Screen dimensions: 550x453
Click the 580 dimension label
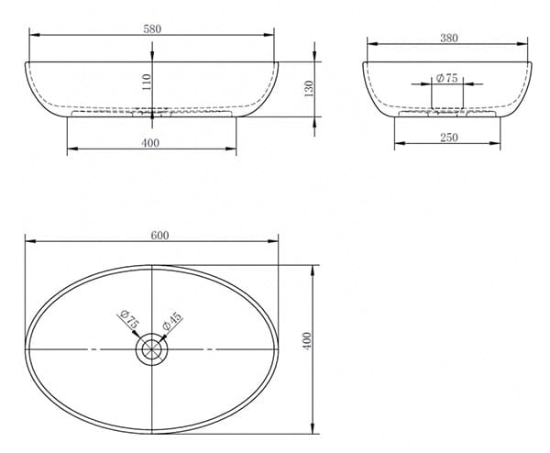click(152, 28)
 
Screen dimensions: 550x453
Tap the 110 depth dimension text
click(147, 83)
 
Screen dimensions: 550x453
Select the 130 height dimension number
click(309, 89)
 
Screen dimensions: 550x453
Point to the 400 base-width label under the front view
click(150, 143)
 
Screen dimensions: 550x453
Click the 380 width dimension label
click(449, 38)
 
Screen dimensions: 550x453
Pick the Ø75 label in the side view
click(447, 78)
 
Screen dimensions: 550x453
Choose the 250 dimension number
click(449, 138)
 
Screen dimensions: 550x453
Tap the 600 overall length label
click(159, 236)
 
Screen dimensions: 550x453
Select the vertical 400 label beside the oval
click(307, 341)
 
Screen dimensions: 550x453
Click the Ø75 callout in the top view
click(129, 319)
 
